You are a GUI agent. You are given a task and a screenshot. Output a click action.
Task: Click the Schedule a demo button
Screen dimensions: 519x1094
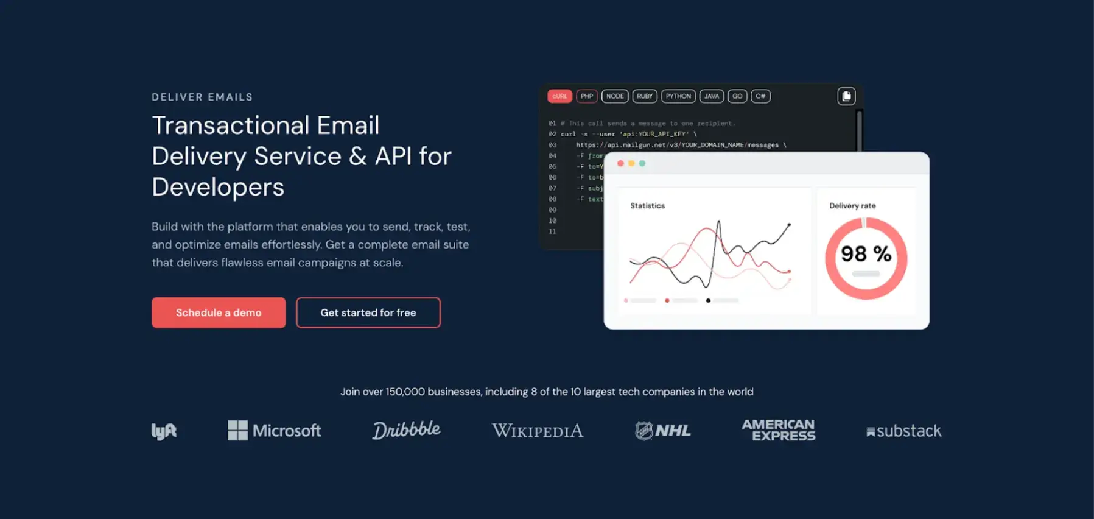(x=219, y=312)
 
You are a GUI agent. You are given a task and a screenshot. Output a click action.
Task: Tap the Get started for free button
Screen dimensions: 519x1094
(x=368, y=312)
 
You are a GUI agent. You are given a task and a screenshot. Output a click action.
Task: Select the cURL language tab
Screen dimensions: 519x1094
(x=559, y=96)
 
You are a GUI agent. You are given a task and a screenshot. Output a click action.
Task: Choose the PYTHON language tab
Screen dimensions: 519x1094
(x=678, y=96)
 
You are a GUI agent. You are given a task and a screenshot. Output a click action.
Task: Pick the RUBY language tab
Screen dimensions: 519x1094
(x=645, y=96)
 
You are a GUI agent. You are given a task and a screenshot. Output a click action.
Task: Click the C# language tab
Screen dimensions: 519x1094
(x=760, y=96)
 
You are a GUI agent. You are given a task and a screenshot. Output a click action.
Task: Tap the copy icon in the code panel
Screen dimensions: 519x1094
(x=846, y=96)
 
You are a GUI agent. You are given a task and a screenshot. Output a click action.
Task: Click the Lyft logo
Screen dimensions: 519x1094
(x=164, y=431)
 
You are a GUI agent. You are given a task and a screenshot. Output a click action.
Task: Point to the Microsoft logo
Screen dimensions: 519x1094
(x=274, y=431)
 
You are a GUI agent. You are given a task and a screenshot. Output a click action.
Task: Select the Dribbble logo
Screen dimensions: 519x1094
(x=406, y=430)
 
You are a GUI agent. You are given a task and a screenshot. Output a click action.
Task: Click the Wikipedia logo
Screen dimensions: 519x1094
(x=538, y=431)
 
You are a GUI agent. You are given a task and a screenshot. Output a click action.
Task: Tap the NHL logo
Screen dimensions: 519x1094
(x=662, y=431)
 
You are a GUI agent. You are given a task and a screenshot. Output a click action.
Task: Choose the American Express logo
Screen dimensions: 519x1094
(x=779, y=430)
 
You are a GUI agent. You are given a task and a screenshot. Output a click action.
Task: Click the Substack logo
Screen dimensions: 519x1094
(x=904, y=431)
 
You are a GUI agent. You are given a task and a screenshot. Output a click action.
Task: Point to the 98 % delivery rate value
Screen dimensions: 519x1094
(x=866, y=254)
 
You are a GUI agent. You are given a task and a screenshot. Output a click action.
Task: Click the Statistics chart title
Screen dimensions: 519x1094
(x=647, y=206)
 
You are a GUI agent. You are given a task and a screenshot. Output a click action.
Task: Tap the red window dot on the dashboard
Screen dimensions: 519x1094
(x=620, y=163)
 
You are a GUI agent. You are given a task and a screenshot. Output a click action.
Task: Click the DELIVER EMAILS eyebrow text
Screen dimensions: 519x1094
(x=202, y=97)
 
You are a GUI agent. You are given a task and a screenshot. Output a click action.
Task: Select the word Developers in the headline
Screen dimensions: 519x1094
(x=218, y=187)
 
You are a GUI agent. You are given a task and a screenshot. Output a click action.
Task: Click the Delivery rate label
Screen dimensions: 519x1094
(x=852, y=206)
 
